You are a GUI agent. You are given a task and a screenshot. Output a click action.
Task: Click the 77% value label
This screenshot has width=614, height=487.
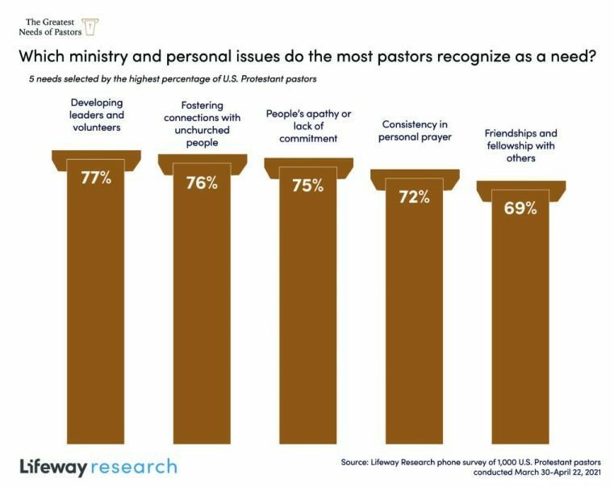[x=95, y=178]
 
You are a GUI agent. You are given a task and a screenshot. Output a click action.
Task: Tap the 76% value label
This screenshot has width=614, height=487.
[x=202, y=183]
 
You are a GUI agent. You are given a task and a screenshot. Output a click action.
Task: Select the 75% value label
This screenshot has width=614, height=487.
[x=307, y=185]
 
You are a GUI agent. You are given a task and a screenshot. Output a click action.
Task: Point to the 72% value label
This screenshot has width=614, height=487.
[x=414, y=196]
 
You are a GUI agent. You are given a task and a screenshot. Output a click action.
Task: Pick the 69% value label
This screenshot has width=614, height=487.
[x=520, y=208]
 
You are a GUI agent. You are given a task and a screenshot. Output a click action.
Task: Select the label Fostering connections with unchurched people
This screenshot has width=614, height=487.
[x=203, y=124]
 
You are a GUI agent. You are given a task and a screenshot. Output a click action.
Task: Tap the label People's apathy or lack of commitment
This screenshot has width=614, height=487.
[x=308, y=126]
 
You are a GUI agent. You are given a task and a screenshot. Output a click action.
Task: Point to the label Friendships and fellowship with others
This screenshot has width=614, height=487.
[x=520, y=145]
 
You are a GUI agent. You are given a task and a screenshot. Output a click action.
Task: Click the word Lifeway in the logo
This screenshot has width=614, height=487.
[x=52, y=467]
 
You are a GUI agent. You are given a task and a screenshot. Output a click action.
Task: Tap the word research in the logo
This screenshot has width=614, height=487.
[x=134, y=467]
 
